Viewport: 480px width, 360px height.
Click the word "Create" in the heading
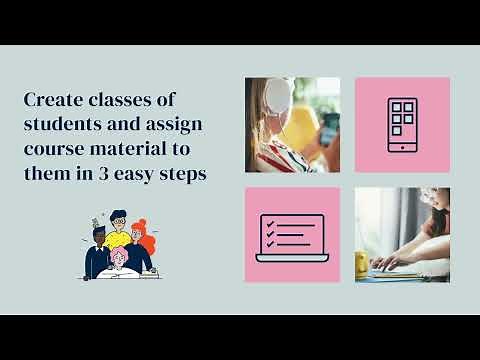(x=50, y=100)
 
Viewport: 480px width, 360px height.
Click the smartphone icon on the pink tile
(x=402, y=125)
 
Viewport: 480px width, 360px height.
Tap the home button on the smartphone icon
(x=402, y=146)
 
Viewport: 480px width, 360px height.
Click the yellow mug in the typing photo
(x=362, y=262)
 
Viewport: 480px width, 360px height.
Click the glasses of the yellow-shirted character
(x=119, y=220)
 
